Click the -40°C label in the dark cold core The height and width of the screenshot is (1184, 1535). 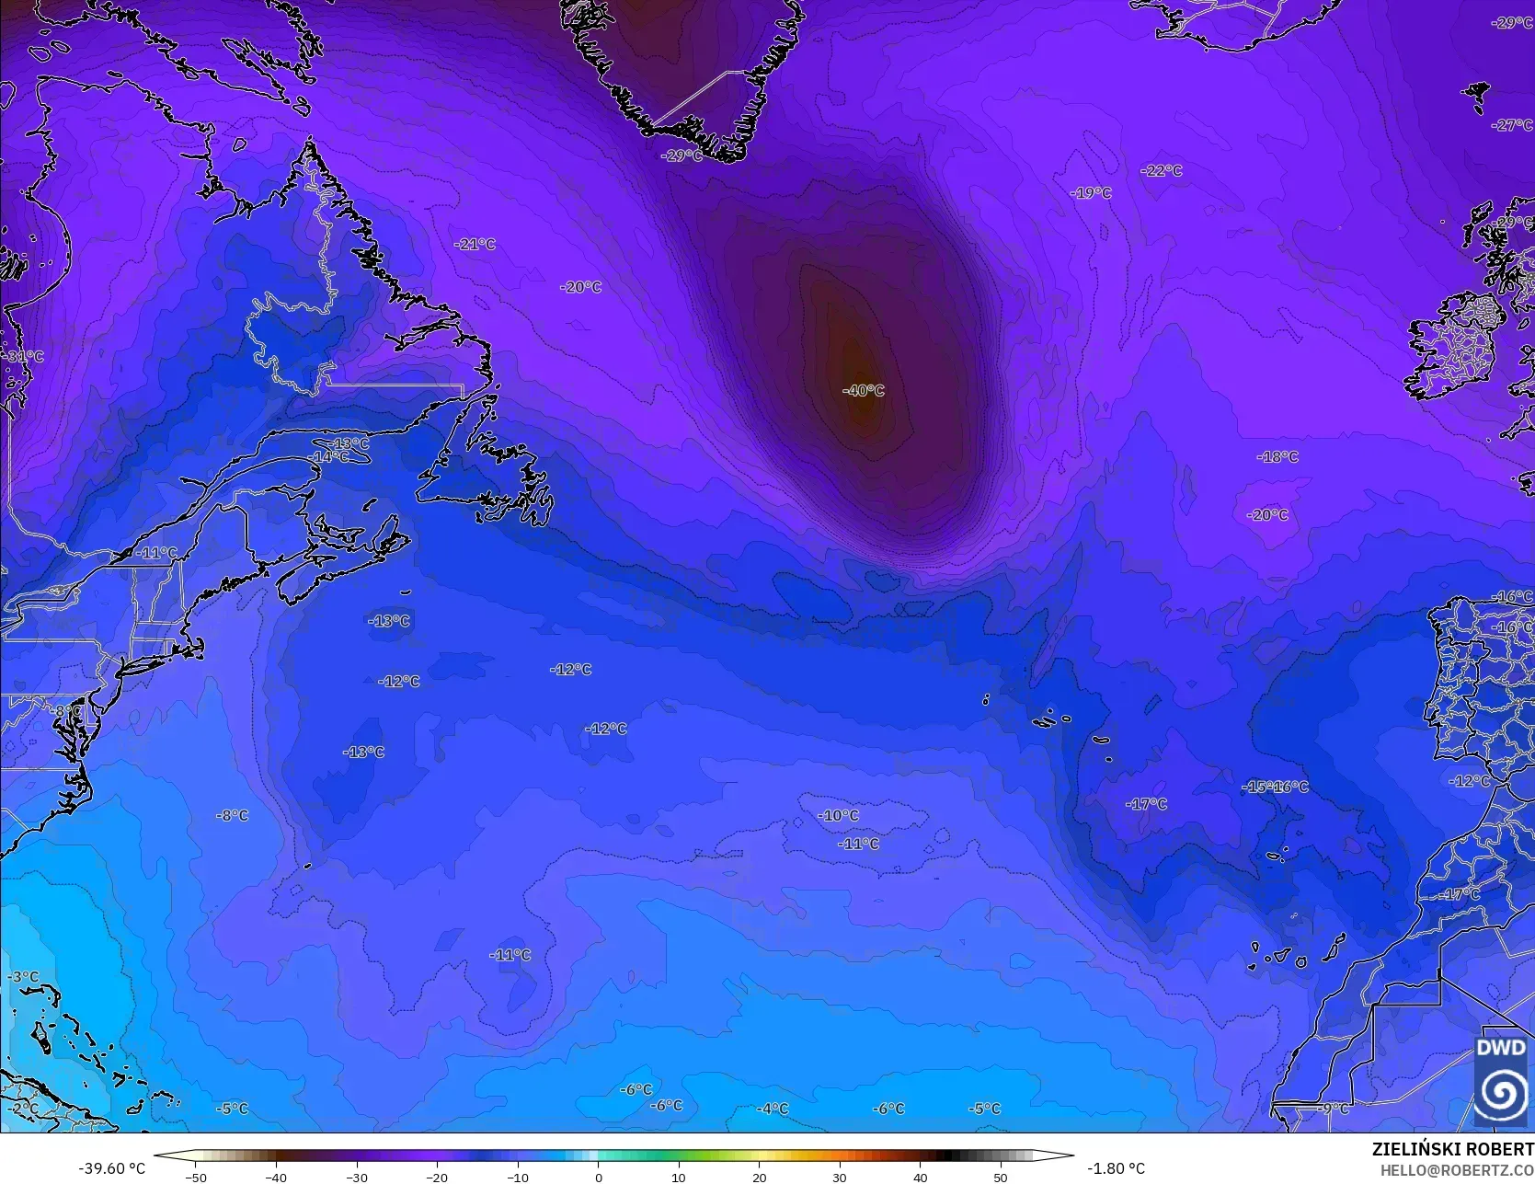863,390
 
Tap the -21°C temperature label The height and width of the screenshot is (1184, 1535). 475,244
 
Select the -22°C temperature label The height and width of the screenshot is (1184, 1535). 1161,170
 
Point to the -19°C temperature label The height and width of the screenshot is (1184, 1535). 1091,192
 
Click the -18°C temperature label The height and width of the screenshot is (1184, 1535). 1277,456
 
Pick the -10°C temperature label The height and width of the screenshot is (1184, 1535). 838,815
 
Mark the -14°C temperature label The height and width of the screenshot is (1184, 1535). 328,456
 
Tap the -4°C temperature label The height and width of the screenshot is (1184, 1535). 772,1109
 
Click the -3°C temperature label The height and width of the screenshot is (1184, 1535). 23,977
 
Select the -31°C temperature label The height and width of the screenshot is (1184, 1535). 25,356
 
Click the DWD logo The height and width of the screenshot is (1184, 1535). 1501,1080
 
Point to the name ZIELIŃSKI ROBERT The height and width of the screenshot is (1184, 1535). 1452,1149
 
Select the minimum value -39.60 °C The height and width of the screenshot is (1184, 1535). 111,1168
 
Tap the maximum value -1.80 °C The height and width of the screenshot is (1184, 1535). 1116,1168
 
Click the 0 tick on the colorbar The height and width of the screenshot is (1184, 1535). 598,1177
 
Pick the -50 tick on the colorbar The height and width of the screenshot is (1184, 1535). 195,1177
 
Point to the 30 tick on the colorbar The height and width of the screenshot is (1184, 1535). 840,1177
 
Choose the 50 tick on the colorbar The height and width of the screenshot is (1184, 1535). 1001,1177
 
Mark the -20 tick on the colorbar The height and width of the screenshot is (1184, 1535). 437,1177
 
